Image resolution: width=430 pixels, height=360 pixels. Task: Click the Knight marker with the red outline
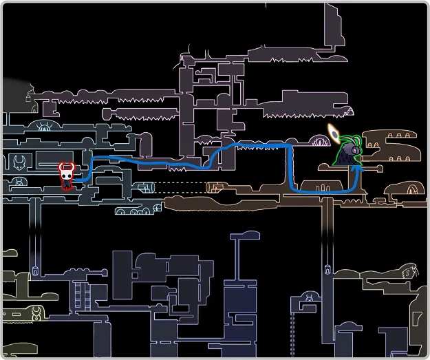click(67, 175)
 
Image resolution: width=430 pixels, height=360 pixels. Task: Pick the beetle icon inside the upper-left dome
click(46, 127)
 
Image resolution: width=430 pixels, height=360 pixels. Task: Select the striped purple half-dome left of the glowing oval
click(321, 142)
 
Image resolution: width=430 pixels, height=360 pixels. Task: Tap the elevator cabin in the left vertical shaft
click(33, 268)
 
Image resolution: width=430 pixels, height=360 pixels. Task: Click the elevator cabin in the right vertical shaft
click(325, 268)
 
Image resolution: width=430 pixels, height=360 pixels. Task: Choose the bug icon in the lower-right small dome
click(310, 298)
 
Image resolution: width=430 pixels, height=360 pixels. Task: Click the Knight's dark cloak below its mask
click(67, 183)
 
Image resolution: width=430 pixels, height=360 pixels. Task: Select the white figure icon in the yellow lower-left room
click(36, 317)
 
